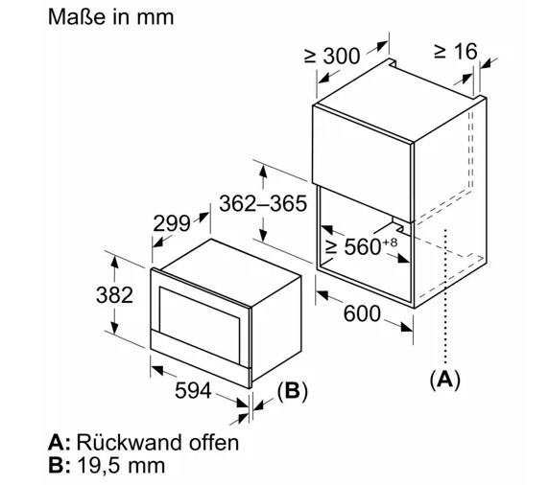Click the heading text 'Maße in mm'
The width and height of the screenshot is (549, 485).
click(x=110, y=17)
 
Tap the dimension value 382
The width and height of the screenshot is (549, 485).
click(x=114, y=295)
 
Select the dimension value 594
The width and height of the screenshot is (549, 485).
click(x=193, y=390)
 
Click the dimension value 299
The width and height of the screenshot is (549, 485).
click(x=172, y=223)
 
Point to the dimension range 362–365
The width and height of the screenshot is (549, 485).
click(x=263, y=203)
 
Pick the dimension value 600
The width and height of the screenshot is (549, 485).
click(x=362, y=313)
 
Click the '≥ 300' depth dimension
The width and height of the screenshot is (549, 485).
click(x=332, y=56)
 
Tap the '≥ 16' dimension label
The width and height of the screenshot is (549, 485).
click(x=456, y=52)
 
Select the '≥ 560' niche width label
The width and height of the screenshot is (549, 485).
click(x=353, y=246)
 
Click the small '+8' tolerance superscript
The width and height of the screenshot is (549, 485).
click(x=390, y=242)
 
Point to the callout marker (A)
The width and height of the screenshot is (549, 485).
click(x=444, y=379)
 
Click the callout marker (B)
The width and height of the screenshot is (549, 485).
click(x=292, y=390)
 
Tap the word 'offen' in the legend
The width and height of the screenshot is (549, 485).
click(x=214, y=442)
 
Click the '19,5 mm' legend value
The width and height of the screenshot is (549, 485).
click(x=120, y=466)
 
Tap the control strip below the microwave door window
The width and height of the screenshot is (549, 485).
click(x=201, y=354)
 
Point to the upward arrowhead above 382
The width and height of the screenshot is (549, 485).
click(x=114, y=262)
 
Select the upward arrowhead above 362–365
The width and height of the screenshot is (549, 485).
click(x=263, y=171)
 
